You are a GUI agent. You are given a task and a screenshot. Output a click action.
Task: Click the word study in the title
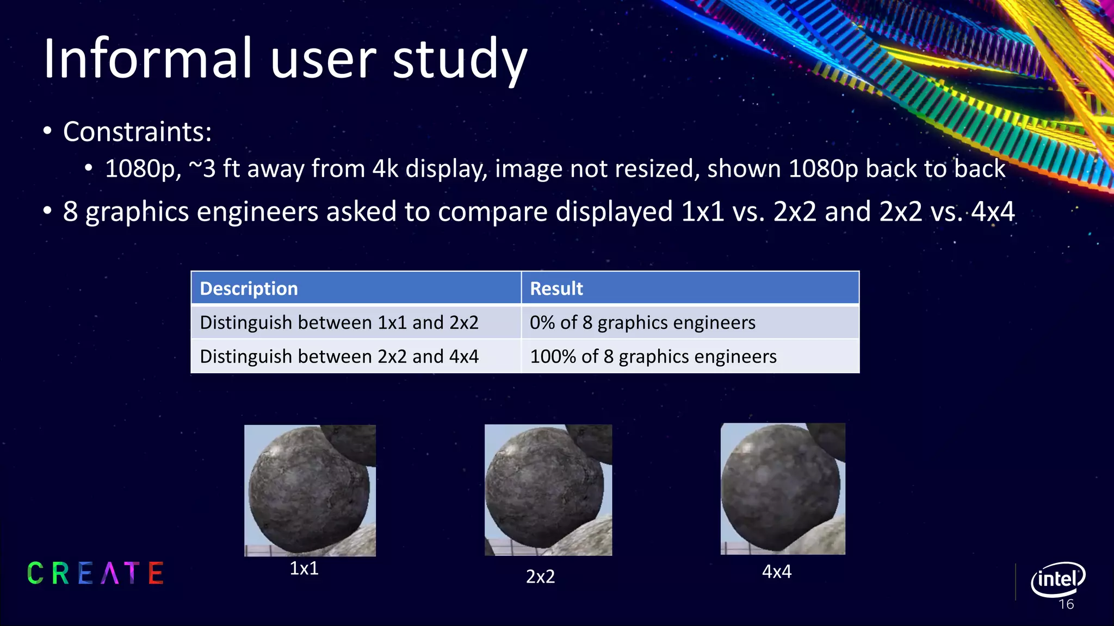460,60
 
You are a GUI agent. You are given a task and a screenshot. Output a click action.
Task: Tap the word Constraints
137,132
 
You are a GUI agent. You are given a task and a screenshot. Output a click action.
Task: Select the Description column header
249,289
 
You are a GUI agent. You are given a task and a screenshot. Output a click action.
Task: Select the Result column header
556,289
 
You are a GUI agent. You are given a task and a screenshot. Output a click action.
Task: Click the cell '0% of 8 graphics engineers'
642,323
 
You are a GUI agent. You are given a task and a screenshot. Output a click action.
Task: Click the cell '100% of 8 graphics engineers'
653,356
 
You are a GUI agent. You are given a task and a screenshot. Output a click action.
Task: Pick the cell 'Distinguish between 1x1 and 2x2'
339,323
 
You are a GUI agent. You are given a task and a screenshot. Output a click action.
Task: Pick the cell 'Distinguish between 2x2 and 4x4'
339,356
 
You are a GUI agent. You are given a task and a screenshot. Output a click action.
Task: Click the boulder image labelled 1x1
310,490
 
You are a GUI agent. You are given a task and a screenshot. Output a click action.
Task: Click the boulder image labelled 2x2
548,490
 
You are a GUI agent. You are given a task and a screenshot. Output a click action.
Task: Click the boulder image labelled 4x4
783,489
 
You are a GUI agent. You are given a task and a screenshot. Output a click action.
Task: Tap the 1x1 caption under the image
304,568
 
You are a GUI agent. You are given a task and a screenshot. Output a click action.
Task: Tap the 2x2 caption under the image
540,577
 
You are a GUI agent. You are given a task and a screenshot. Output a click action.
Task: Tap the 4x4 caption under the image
776,572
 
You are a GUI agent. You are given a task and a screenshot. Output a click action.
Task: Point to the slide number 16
1066,604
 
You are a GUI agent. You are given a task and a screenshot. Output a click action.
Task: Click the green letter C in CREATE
35,573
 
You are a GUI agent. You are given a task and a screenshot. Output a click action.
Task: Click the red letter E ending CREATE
156,573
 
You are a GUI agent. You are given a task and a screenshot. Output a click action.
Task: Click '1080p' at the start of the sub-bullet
143,169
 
